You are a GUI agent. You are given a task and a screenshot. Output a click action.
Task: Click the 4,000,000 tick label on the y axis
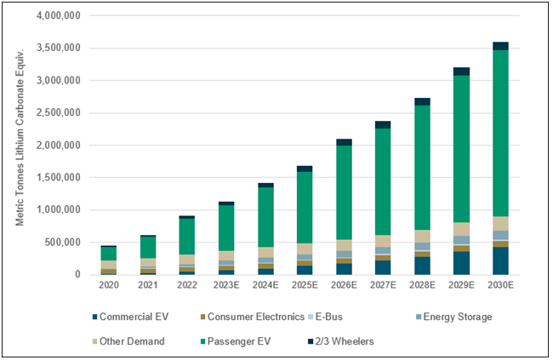(x=57, y=16)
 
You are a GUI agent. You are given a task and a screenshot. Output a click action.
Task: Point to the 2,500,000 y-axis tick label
(x=57, y=113)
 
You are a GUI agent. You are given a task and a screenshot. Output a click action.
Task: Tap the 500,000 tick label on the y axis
(x=62, y=243)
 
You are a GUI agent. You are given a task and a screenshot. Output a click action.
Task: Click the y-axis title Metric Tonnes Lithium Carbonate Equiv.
(x=20, y=145)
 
